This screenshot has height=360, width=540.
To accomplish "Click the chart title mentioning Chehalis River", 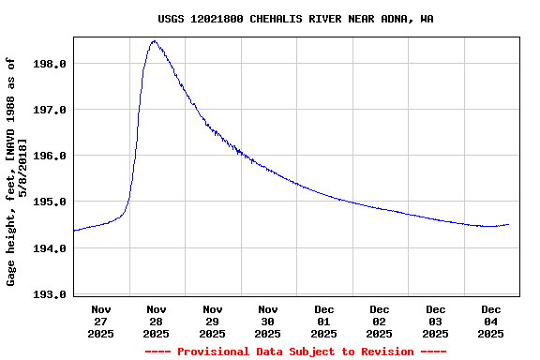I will point(294,19).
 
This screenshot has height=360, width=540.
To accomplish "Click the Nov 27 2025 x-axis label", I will point(101,321).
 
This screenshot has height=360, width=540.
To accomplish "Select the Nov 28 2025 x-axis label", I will point(157,321).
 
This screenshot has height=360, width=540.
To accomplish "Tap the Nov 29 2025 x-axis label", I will point(213,321).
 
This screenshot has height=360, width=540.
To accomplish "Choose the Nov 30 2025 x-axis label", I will point(268,321).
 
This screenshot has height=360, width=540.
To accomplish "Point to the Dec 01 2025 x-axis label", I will point(323,321).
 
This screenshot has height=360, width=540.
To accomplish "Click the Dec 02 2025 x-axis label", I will point(380,321).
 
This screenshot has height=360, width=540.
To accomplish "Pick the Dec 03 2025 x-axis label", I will point(435,321).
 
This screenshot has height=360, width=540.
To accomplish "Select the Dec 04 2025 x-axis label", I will point(491,321).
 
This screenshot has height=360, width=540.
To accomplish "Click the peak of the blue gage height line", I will point(154,41).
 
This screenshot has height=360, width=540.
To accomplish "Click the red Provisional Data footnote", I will point(295,352).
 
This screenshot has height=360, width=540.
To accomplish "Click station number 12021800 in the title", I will point(217,19).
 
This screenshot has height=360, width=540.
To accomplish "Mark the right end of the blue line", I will point(509,224).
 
